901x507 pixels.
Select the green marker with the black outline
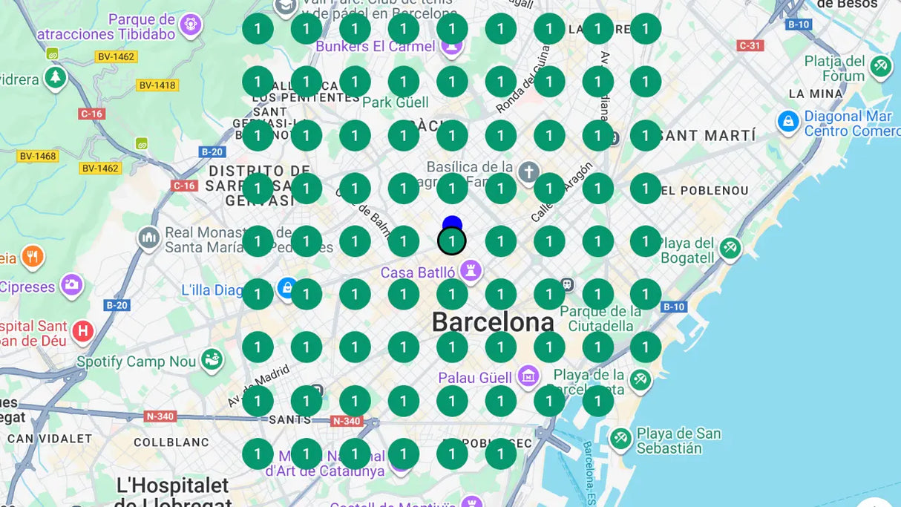pos(452,241)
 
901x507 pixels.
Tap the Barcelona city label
pos(493,322)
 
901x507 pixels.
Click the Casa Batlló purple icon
pos(470,272)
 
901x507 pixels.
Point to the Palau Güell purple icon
pos(528,377)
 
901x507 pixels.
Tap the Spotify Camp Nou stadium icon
pos(212,362)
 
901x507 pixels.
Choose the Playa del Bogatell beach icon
pos(730,249)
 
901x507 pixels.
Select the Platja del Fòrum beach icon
pos(881,66)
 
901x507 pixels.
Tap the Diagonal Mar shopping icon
pos(788,122)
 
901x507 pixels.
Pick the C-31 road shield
pos(750,45)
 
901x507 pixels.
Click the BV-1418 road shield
pos(157,85)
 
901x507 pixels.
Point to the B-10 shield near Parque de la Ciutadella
pos(673,307)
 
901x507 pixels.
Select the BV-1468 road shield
pos(37,156)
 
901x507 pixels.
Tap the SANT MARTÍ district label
pos(708,136)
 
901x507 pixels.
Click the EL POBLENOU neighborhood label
pos(704,191)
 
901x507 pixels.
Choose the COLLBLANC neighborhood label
pos(171,442)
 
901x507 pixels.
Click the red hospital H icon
pos(83,331)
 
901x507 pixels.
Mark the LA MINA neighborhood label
pos(816,94)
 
